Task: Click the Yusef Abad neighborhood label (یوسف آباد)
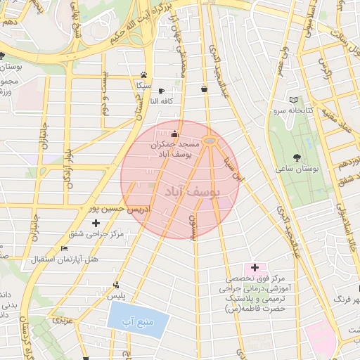coord(191,191)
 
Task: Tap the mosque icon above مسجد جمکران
coord(174,134)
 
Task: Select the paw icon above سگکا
coord(143,75)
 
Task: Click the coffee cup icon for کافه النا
coord(161,91)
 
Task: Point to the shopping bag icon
coord(204,89)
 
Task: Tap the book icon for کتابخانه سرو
coord(292,101)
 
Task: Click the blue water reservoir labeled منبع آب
coord(139,321)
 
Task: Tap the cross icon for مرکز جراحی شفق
coord(96,223)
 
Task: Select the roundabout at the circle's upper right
coord(210,141)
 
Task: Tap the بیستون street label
coord(193,226)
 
